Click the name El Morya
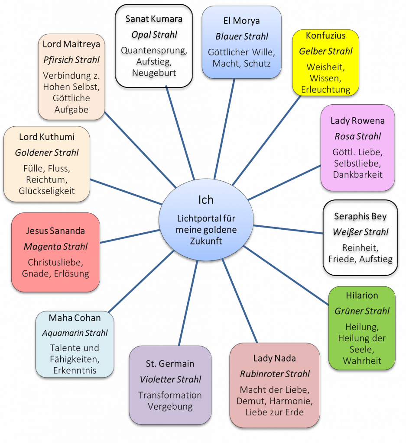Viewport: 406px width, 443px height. tap(241, 21)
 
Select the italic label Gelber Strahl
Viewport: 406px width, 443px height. tap(326, 51)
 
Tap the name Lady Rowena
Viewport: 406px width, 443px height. tap(357, 121)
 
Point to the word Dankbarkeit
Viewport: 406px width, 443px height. tap(357, 175)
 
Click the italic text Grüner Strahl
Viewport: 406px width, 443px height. tap(362, 311)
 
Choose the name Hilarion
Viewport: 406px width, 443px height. tap(362, 295)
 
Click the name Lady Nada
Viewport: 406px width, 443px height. tap(275, 358)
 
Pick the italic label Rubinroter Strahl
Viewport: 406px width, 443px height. tap(275, 374)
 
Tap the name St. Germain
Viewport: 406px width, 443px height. tap(170, 364)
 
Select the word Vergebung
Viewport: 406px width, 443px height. tap(170, 407)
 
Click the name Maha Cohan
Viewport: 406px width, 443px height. tap(75, 318)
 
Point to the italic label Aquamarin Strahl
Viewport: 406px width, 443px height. tap(75, 334)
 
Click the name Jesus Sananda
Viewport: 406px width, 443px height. tap(55, 231)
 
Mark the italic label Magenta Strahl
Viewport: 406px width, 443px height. tap(55, 247)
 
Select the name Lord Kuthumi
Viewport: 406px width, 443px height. tap(47, 137)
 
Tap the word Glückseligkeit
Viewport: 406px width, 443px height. tap(47, 191)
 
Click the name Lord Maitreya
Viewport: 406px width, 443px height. tap(71, 44)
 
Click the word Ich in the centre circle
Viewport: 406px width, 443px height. tap(205, 200)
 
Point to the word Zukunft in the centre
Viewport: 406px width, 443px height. tap(206, 241)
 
